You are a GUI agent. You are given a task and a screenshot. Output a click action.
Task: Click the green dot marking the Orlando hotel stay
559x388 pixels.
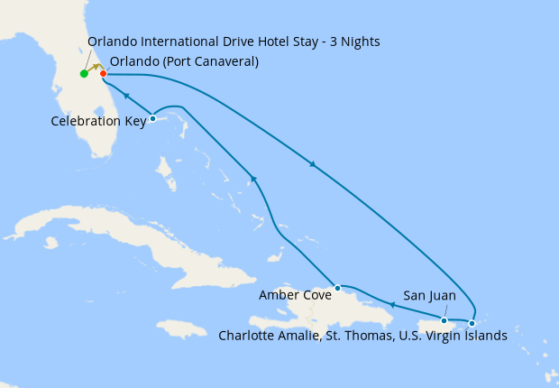point(84,74)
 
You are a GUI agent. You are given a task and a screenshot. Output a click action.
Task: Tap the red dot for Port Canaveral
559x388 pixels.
point(103,73)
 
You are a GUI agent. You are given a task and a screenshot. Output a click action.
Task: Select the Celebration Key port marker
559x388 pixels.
point(152,118)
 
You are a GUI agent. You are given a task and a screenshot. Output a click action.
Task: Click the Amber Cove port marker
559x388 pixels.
point(337,289)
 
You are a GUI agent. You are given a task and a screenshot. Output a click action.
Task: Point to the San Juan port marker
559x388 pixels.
point(444,320)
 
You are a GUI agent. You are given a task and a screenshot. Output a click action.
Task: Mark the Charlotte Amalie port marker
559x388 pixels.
point(472,323)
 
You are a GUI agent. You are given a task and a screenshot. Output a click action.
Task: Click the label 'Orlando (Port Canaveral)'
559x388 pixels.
point(184,61)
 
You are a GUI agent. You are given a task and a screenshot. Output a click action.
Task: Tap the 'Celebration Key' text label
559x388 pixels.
point(98,120)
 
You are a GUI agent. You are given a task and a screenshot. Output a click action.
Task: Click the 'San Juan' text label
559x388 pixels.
point(429,295)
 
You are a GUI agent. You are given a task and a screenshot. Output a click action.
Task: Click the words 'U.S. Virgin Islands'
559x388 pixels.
point(451,336)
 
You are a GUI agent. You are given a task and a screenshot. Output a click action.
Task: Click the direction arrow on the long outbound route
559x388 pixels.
point(313,164)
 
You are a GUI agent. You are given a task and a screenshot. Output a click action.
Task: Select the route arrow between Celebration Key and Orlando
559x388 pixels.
point(127,95)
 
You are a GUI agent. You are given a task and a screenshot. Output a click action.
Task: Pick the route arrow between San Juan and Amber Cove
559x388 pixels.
point(392,304)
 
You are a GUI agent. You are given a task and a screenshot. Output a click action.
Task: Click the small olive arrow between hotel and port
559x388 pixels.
point(95,68)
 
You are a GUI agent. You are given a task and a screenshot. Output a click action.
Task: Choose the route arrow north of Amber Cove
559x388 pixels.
point(254,180)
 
